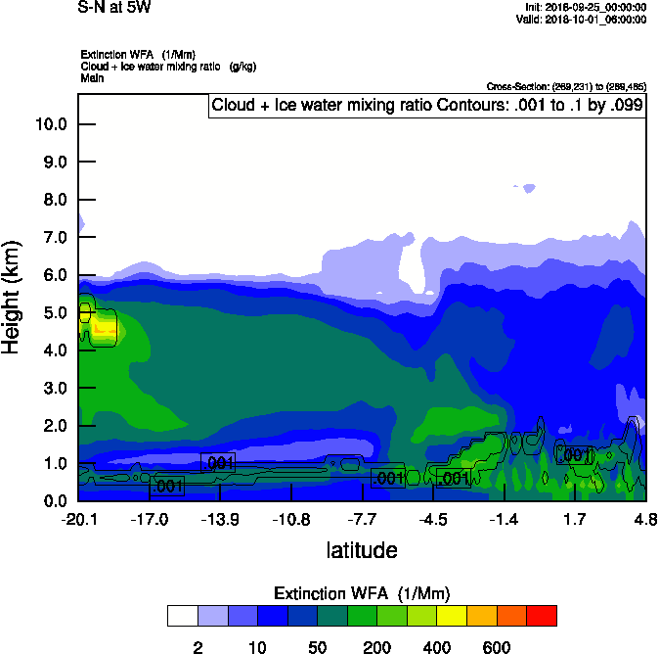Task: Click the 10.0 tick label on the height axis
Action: tap(50, 124)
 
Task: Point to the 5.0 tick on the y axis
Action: tap(54, 312)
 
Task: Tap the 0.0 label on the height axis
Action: tap(54, 501)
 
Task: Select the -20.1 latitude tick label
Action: tap(78, 518)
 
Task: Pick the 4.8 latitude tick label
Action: tap(644, 518)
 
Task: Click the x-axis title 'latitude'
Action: tap(362, 550)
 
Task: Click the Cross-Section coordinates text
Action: tap(566, 86)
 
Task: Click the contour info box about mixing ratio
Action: tap(427, 106)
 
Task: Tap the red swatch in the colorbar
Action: tap(541, 616)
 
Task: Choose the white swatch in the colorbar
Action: tap(182, 616)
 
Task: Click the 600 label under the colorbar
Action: tap(497, 647)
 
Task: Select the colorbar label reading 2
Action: tap(198, 647)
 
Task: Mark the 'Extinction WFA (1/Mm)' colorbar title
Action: tap(362, 593)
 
